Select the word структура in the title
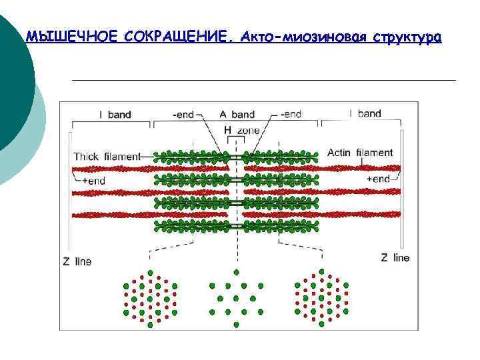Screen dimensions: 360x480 407,37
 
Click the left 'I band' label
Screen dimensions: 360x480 115,115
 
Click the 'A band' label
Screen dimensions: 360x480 237,115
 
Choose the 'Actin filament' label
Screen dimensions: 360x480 360,153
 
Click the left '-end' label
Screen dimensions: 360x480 183,115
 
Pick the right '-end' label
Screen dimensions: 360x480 291,115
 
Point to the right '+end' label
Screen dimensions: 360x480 378,179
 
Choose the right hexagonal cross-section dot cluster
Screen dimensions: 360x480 321,297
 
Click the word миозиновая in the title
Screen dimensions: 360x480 325,37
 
